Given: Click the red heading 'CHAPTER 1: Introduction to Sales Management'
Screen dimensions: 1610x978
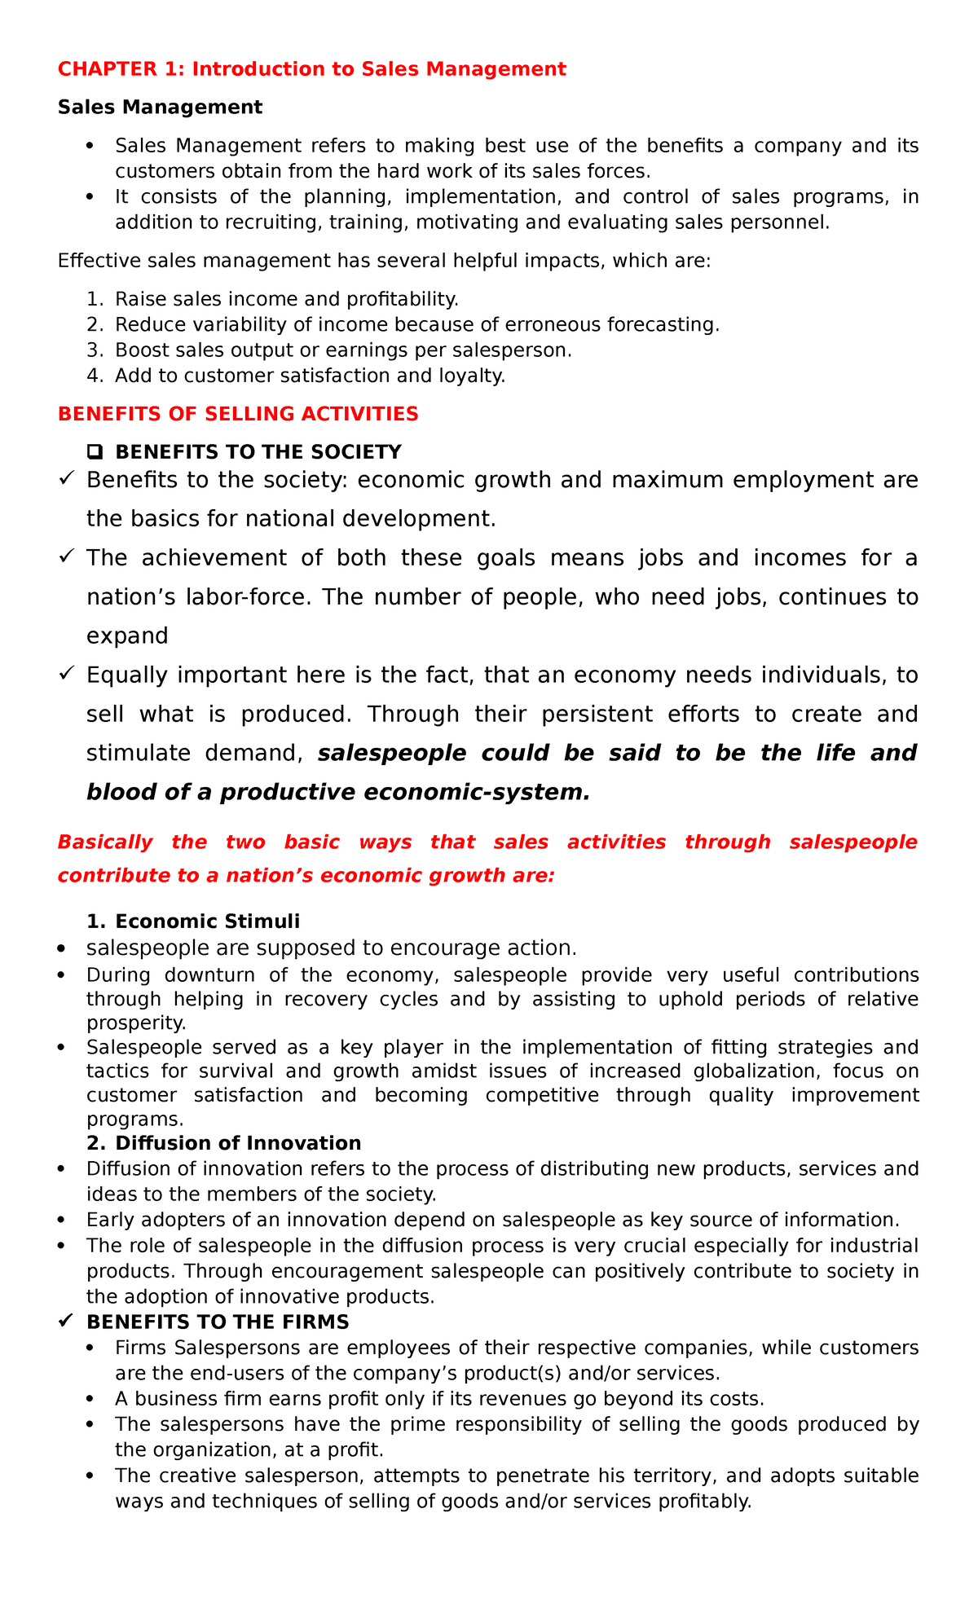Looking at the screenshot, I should pyautogui.click(x=311, y=69).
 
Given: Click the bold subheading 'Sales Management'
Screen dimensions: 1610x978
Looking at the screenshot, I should pyautogui.click(x=160, y=108).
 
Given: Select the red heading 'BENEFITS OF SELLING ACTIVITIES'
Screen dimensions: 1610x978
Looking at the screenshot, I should pyautogui.click(x=238, y=414).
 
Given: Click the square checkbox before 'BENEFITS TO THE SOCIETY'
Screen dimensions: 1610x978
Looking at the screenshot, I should pyautogui.click(x=94, y=452).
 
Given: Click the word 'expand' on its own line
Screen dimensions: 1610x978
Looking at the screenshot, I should pyautogui.click(x=127, y=636).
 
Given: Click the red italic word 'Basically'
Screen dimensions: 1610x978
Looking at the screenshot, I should pyautogui.click(x=104, y=842).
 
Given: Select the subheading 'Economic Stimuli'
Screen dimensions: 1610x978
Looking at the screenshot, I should pyautogui.click(x=207, y=922).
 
